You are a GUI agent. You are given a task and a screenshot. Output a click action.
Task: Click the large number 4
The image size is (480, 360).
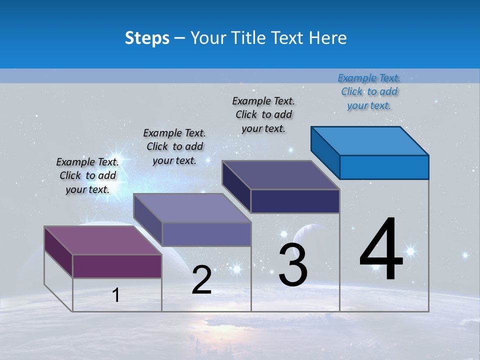click(381, 250)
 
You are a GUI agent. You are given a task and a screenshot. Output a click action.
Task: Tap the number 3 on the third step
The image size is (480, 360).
click(293, 265)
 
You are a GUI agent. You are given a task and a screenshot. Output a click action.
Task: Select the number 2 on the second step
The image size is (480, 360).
click(202, 280)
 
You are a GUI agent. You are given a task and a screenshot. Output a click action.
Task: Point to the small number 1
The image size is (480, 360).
click(116, 295)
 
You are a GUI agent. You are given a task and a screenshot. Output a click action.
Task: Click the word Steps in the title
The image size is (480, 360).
click(147, 38)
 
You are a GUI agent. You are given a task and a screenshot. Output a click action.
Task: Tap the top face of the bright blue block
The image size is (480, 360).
click(370, 140)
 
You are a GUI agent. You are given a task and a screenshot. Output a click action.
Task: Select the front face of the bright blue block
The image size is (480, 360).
click(384, 167)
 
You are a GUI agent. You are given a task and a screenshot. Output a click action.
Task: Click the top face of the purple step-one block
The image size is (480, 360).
click(102, 240)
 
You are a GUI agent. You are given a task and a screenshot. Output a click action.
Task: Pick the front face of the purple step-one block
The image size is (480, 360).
click(117, 266)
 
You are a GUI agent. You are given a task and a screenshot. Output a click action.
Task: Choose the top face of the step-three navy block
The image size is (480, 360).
click(281, 175)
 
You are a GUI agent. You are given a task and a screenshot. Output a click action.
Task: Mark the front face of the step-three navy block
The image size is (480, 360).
click(295, 201)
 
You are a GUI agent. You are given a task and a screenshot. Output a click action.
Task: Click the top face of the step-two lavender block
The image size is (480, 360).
click(192, 208)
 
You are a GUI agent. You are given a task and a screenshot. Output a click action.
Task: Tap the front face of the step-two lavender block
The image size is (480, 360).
click(206, 234)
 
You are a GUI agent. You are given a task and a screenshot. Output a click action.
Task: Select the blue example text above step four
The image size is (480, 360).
click(369, 91)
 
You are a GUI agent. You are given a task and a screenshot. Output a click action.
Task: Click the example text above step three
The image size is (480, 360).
click(263, 114)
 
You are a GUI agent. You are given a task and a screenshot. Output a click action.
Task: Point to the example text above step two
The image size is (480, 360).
click(174, 146)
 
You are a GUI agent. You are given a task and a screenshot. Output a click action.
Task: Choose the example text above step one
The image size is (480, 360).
click(87, 175)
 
